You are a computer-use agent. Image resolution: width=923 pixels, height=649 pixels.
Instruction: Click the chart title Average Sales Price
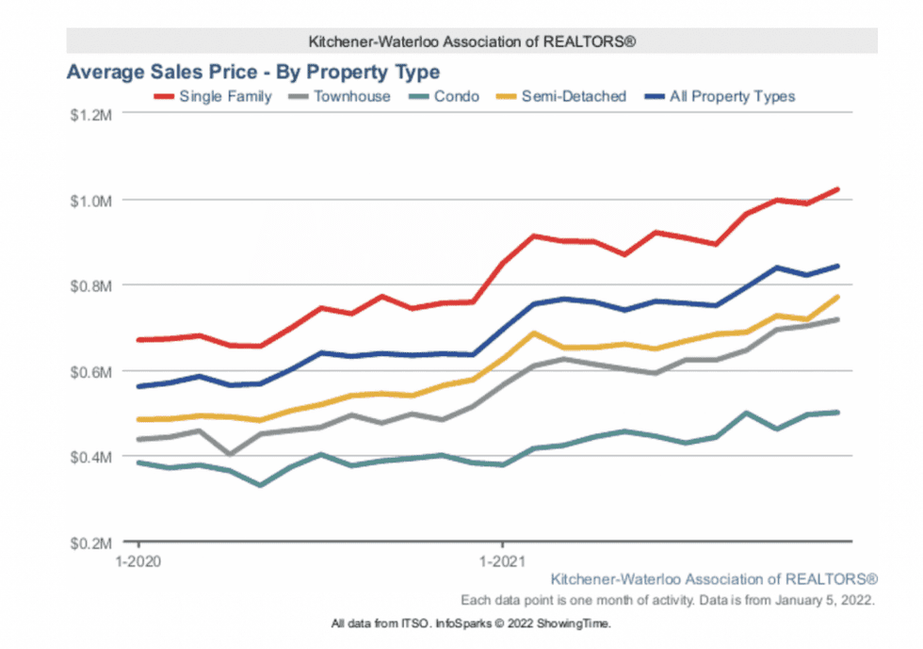click(252, 72)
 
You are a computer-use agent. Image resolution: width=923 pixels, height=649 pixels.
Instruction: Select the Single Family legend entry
click(225, 96)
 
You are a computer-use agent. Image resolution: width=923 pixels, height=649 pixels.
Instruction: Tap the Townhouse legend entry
click(351, 96)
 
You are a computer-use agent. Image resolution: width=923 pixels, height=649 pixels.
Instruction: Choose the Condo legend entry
click(457, 96)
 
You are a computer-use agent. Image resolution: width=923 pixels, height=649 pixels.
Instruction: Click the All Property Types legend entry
click(732, 96)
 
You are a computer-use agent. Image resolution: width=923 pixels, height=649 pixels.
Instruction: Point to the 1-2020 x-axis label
click(139, 560)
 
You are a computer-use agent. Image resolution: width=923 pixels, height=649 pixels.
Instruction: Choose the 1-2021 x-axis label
click(502, 560)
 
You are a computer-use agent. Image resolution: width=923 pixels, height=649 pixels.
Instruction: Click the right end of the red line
click(837, 189)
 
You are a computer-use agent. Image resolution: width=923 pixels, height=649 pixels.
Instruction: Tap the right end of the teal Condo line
click(837, 413)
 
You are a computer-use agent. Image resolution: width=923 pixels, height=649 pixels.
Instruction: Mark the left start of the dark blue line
click(139, 386)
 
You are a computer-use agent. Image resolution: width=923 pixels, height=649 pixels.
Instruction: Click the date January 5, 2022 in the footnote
click(830, 600)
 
